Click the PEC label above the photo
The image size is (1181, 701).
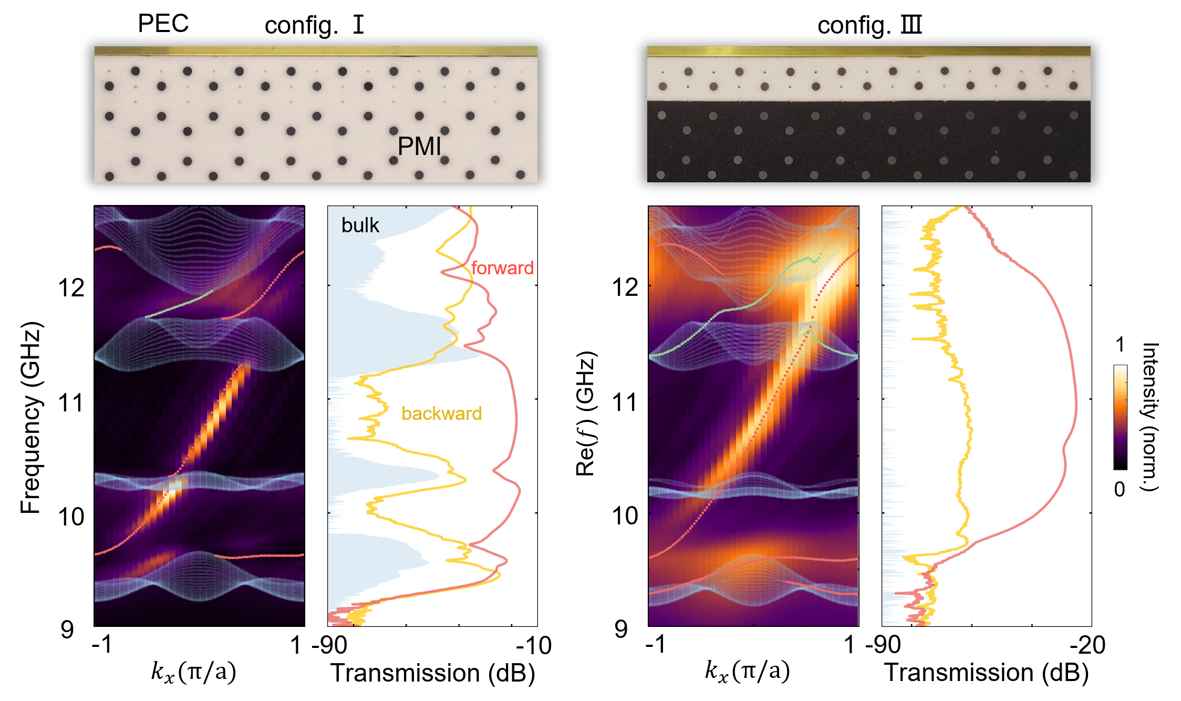coord(163,24)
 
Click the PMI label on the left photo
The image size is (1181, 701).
coord(419,146)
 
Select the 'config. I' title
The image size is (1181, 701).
coord(314,25)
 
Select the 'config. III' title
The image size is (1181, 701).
coord(869,25)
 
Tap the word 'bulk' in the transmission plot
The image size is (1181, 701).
coord(360,225)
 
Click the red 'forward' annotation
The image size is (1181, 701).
coord(502,268)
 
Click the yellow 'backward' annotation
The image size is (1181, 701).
coord(441,414)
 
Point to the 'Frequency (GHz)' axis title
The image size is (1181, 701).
coord(30,418)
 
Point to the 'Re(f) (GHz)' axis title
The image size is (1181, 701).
coord(585,414)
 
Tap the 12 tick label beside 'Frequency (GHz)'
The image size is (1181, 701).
coord(71,288)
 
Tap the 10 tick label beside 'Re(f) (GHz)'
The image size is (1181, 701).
coord(625,517)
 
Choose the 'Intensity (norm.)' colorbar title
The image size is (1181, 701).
coord(1151,417)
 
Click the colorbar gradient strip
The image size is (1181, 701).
coord(1120,417)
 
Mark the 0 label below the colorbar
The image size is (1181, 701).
coord(1120,489)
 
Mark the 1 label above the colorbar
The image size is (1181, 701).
coord(1120,345)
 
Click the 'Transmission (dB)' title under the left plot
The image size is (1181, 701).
coord(432,673)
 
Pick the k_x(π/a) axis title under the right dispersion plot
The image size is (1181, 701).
coord(747,672)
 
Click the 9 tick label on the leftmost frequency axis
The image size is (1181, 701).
coord(67,630)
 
